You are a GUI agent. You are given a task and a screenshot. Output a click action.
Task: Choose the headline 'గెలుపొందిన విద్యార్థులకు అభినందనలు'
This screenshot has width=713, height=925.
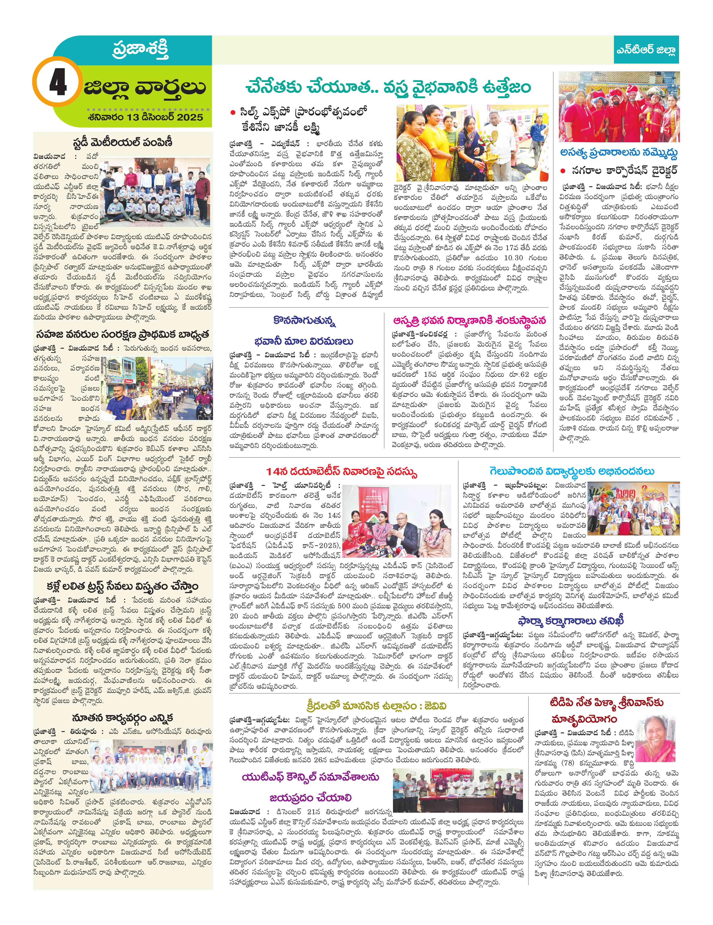coord(572,471)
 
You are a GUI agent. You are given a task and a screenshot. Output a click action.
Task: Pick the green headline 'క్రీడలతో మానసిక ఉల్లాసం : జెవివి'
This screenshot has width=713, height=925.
coord(376,706)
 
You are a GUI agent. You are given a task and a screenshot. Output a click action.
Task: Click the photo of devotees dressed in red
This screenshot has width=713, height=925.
coord(619,107)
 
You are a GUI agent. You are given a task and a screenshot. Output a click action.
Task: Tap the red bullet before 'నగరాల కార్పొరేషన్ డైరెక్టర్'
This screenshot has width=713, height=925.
coord(563,171)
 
